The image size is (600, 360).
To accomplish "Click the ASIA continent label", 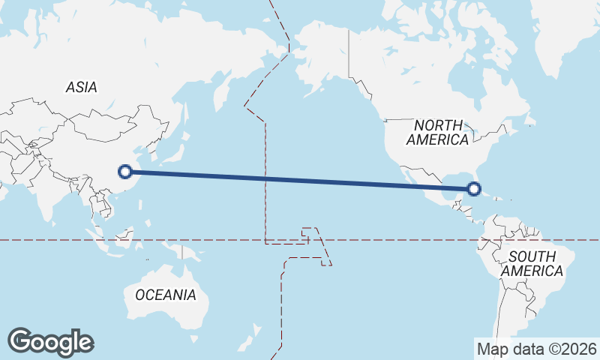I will tap(81, 87).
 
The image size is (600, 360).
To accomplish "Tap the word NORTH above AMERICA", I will tap(439, 125).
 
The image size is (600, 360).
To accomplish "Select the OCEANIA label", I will tap(166, 295).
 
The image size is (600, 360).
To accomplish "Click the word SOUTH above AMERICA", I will tap(532, 256).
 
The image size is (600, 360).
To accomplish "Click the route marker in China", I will tap(126, 172).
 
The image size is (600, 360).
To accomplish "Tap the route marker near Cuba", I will tap(474, 189).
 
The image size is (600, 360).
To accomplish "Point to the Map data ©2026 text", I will tap(537, 349).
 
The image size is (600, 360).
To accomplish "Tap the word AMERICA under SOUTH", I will tap(532, 271).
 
